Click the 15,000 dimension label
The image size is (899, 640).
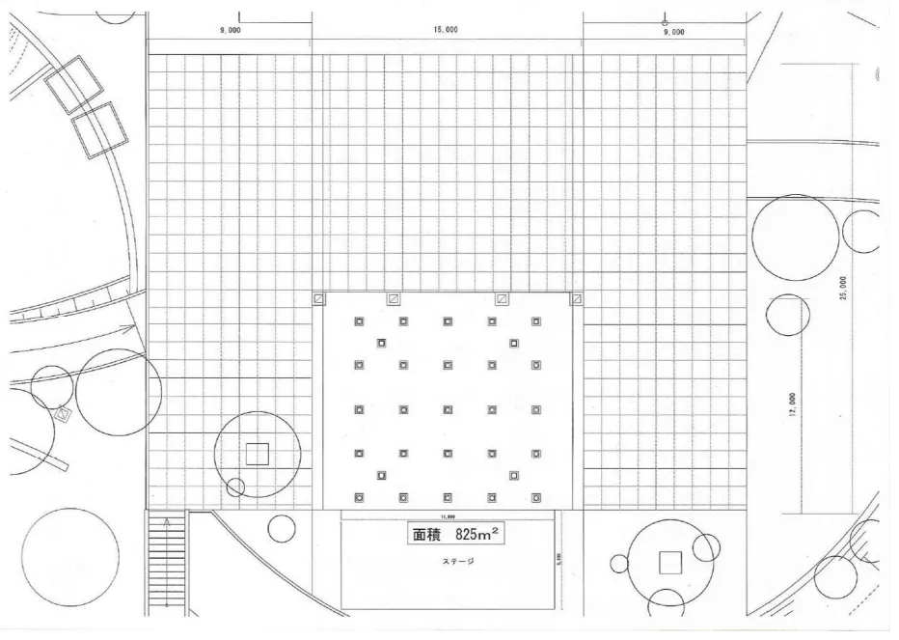pos(446,30)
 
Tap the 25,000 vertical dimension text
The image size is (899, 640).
pos(843,288)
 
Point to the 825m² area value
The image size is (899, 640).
pos(478,534)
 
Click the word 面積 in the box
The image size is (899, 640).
pos(426,534)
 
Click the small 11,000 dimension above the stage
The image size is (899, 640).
pos(447,516)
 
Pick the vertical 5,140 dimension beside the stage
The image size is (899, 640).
pos(558,557)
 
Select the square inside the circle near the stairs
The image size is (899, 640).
pos(257,454)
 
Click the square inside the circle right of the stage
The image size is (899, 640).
pos(669,561)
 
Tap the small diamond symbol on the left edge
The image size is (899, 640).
pos(63,414)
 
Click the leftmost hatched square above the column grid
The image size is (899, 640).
pos(319,299)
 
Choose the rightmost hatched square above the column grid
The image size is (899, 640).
pos(576,299)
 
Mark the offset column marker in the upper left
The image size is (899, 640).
pos(381,343)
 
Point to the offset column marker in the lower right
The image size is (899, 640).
pos(513,476)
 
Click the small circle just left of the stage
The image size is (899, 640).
pos(282,528)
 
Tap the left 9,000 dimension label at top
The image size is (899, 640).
pos(230,31)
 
